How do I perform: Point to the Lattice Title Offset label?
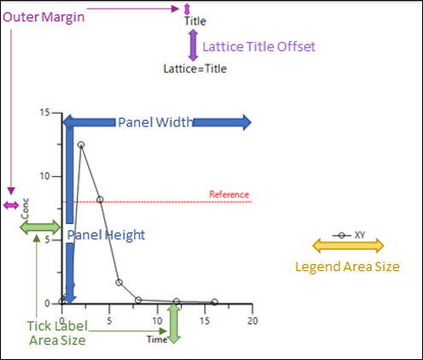pyautogui.click(x=260, y=45)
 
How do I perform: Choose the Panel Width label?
pyautogui.click(x=155, y=121)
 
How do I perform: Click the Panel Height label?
pyautogui.click(x=107, y=234)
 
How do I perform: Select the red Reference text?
pyautogui.click(x=229, y=194)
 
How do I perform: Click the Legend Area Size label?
pyautogui.click(x=347, y=267)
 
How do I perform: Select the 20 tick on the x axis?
pyautogui.click(x=252, y=321)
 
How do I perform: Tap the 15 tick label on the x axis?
pyautogui.click(x=205, y=321)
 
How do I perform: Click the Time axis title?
pyautogui.click(x=156, y=339)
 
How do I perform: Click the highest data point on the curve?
pyautogui.click(x=81, y=145)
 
